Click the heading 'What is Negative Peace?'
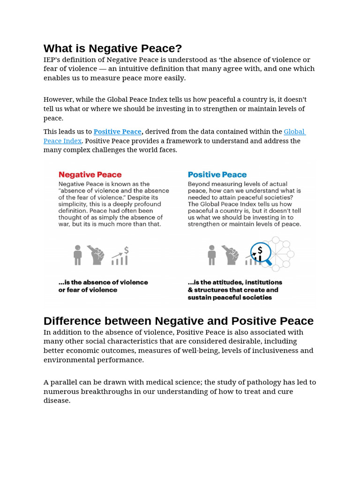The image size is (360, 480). pos(112,48)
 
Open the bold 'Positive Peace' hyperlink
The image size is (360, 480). pos(118,132)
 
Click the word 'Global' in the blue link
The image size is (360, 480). pos(294,132)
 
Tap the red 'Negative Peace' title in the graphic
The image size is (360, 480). pos(90,175)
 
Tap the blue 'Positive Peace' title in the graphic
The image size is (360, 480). pos(217,175)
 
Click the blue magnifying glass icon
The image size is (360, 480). pos(260,254)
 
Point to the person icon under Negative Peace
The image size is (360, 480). pos(78,255)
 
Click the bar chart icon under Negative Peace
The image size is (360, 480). pos(120,256)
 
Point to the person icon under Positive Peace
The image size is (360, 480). pos(212,255)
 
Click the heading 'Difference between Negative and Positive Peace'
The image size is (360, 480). pos(179,321)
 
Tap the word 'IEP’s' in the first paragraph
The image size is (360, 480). pos(53,60)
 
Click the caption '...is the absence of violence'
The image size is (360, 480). pos(103,282)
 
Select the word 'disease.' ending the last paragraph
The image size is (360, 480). pos(57,401)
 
